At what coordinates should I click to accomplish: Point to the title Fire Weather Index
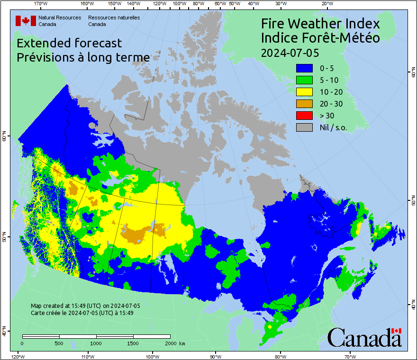pos(320,24)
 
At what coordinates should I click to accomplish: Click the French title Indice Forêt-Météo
pos(320,38)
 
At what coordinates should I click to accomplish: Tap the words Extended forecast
pos(69,43)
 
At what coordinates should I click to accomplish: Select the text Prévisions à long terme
pos(83,57)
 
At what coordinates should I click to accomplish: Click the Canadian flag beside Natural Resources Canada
pos(26,21)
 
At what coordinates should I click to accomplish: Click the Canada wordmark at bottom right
pos(364,338)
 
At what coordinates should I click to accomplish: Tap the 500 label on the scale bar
pos(59,343)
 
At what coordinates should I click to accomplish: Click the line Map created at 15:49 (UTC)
pos(85,306)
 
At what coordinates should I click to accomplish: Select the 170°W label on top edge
pos(41,4)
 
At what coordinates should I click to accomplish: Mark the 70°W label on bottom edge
pos(350,356)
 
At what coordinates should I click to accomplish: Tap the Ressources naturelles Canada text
pos(114,21)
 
